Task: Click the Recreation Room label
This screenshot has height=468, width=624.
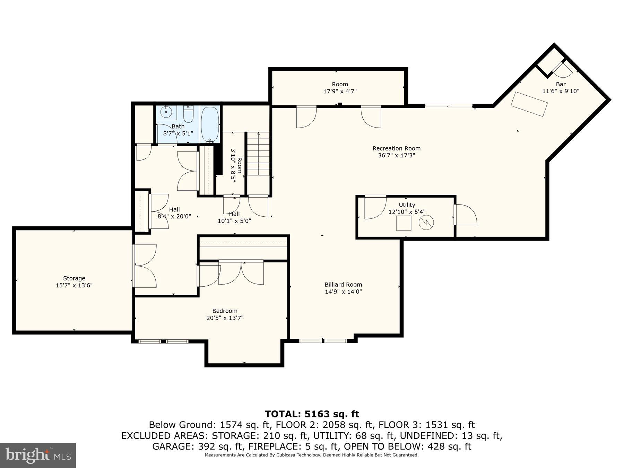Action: [x=396, y=148]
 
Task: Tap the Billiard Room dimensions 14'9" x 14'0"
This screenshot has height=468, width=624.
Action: [x=343, y=292]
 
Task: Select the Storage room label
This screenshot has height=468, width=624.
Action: [x=74, y=278]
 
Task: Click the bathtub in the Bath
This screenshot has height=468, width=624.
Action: [x=210, y=124]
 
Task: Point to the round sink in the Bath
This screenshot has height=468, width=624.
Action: [x=166, y=112]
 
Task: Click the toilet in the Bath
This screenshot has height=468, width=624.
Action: [x=188, y=114]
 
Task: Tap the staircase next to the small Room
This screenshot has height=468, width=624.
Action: [x=258, y=154]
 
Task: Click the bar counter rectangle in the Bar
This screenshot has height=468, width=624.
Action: [x=529, y=104]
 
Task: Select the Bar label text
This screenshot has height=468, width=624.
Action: [x=561, y=84]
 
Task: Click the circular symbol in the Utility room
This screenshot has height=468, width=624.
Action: [x=426, y=222]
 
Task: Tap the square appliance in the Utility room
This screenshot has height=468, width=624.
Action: [x=404, y=223]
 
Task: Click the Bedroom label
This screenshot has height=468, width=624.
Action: [x=225, y=311]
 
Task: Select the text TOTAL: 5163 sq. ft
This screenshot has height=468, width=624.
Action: [x=312, y=414]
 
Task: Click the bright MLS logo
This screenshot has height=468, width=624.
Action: [x=38, y=455]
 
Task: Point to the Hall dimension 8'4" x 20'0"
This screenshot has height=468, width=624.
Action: [x=174, y=216]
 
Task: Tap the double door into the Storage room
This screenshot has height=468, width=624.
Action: [x=145, y=266]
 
